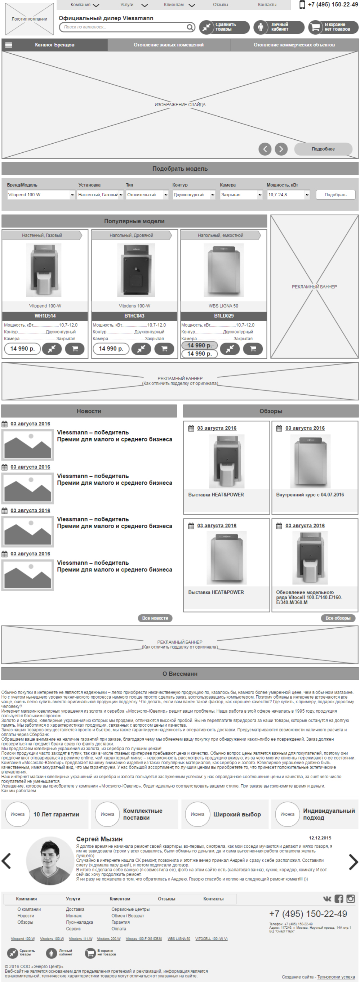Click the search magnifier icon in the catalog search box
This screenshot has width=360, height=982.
[190, 27]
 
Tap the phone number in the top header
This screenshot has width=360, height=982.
[333, 5]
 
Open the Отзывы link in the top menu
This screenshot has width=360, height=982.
[221, 5]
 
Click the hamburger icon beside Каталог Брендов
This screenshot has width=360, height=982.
[8, 45]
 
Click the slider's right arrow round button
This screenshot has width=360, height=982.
[281, 149]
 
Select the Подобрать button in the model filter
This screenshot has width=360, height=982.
[335, 195]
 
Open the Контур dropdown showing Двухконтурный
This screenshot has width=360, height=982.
[194, 195]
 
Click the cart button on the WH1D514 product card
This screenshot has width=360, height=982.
[75, 349]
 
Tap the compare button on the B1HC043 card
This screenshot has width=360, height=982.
[141, 349]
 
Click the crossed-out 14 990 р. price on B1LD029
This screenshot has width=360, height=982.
[199, 345]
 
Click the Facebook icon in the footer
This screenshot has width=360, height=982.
[339, 899]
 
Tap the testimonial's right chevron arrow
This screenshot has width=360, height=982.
[353, 862]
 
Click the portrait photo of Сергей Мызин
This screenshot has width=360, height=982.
[50, 861]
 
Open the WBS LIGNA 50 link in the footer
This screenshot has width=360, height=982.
[178, 939]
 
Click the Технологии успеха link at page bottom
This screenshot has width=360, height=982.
[335, 977]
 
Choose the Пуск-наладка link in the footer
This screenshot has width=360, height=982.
[79, 922]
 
